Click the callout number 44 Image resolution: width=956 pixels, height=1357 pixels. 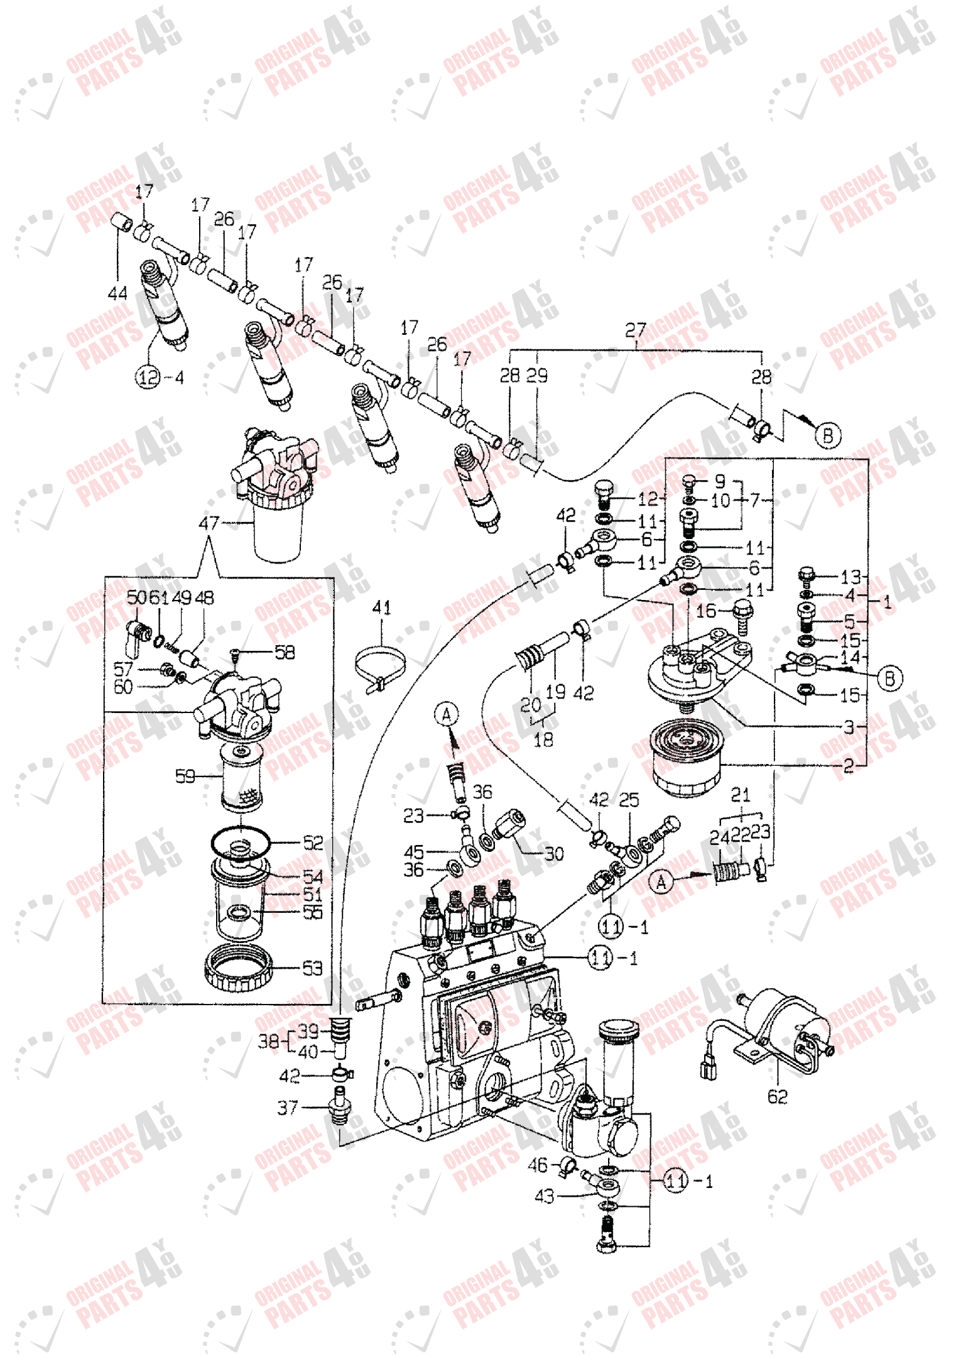click(117, 293)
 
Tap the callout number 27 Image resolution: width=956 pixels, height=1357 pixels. click(636, 330)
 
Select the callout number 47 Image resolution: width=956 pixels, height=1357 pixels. click(209, 523)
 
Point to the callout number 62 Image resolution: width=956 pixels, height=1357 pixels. click(778, 1096)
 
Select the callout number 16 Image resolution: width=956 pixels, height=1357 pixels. click(706, 610)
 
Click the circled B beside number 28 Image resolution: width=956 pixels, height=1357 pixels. click(828, 435)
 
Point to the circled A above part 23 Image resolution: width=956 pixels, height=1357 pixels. click(447, 714)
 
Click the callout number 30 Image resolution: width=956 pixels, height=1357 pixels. click(554, 854)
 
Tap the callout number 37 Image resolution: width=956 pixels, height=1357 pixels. click(288, 1107)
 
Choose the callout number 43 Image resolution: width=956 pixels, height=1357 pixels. click(544, 1196)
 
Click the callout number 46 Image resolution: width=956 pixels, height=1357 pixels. click(538, 1165)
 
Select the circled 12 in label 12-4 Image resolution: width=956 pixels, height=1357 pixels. click(149, 378)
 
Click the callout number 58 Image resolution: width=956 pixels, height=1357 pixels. click(285, 652)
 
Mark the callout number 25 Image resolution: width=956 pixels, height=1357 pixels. click(629, 800)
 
